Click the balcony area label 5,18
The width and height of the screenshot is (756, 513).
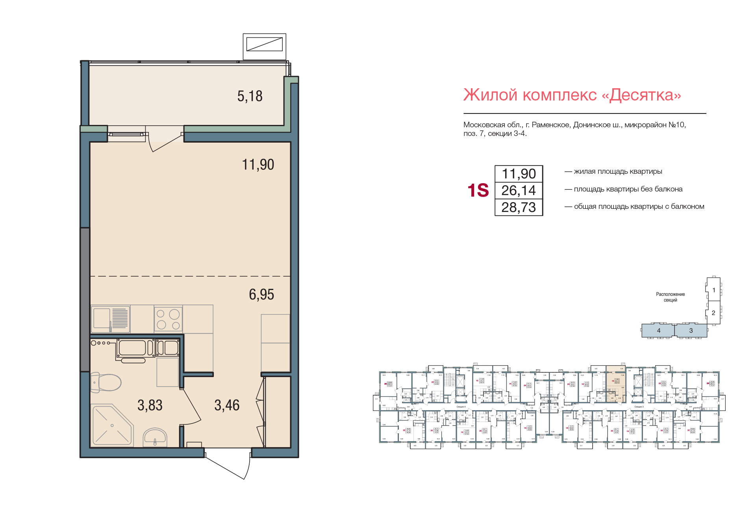[250, 96]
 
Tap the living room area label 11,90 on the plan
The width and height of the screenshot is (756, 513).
[258, 165]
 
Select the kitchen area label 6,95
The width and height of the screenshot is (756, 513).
[261, 294]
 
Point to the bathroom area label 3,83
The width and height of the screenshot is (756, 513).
[150, 405]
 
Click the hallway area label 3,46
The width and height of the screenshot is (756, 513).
[227, 405]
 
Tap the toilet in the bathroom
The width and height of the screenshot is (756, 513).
[106, 382]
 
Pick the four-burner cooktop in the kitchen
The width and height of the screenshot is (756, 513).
[168, 319]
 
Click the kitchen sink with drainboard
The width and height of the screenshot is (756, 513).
[111, 319]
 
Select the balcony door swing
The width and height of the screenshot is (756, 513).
[165, 142]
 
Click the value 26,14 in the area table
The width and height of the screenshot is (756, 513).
[519, 191]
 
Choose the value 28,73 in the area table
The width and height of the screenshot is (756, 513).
[519, 208]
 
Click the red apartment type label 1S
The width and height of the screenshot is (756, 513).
[478, 191]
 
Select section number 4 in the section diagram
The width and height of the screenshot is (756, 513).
[658, 331]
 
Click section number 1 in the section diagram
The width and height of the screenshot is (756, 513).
[714, 290]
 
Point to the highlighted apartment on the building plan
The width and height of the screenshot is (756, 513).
[615, 384]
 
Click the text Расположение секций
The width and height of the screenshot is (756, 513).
[670, 297]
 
